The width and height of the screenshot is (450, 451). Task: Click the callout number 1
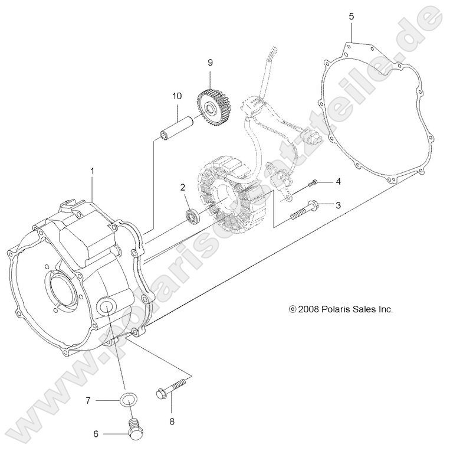[x=92, y=171]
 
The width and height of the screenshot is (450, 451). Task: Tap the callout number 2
[x=183, y=187]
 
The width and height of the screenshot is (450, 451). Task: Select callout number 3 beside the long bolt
[x=338, y=205]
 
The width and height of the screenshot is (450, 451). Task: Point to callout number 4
[x=338, y=181]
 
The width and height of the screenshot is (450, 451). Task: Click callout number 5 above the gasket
[x=352, y=17]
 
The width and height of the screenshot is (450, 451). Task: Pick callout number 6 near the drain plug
[x=95, y=433]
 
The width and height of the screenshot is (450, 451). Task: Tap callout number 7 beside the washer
[x=88, y=400]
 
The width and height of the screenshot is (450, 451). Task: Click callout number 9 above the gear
[x=209, y=62]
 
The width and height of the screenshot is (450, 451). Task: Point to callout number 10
[x=176, y=96]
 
